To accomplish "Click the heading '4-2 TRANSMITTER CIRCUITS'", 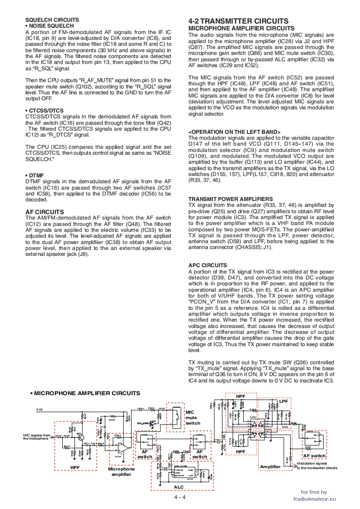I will pos(238,21).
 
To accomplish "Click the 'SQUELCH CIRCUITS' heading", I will pos(52,20).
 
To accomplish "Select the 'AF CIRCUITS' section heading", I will pos(44,212).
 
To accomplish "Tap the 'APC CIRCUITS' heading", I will pos(207,265).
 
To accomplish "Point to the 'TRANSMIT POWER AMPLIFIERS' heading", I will pos(230,199).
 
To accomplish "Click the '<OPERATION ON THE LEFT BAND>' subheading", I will pos(234,132).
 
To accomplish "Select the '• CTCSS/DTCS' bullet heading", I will pos(44,111).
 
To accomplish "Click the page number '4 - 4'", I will pos(180,497).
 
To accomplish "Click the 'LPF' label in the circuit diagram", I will pos(284,401).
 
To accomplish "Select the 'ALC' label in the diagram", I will pos(179,486).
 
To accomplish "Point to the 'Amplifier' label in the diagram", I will pos(270,467).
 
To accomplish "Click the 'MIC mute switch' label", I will pos(192,417).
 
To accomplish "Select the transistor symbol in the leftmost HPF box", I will pos(79,435).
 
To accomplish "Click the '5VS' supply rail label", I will pos(40,410).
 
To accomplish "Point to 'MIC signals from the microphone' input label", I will pos(37,437).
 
